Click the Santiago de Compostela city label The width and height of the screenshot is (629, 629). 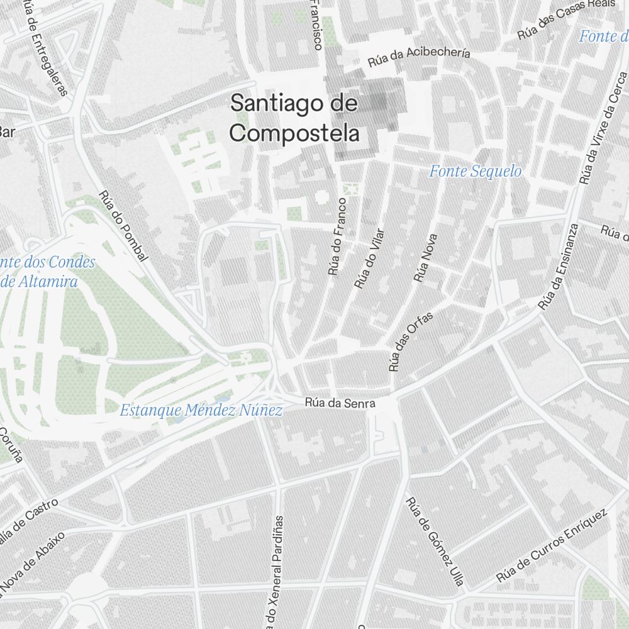294,118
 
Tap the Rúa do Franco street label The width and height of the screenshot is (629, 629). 337,237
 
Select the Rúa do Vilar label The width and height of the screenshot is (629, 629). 369,259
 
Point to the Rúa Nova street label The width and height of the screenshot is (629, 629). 425,258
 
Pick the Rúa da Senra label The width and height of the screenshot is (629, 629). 340,403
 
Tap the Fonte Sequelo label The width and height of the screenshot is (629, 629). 476,171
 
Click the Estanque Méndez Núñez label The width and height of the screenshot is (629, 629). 201,411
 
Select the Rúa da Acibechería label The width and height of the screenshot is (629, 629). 419,57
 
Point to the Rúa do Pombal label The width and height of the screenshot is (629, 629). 123,226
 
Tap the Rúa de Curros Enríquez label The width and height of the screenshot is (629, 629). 552,545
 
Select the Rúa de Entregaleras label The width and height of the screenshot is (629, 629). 47,47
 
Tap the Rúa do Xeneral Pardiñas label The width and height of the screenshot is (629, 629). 276,572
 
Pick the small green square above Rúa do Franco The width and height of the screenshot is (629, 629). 351,189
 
